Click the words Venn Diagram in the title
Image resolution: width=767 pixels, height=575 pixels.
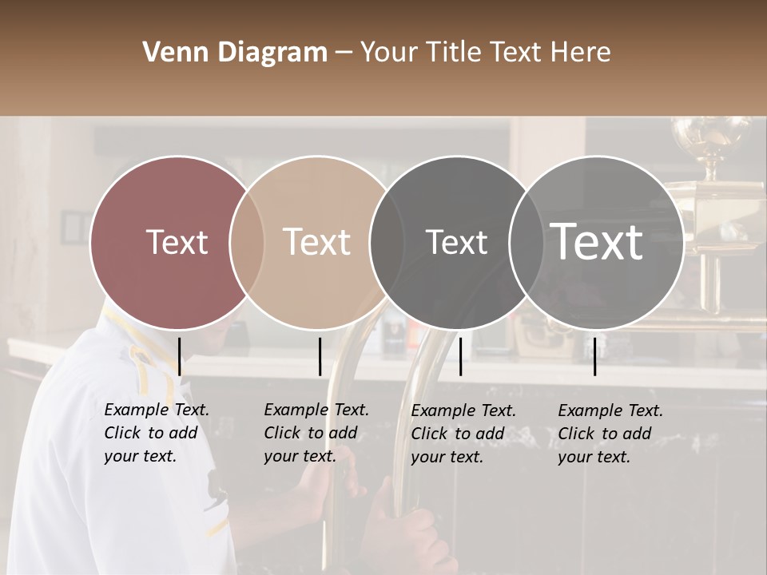235,53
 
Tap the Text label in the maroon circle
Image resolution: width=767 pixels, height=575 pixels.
177,242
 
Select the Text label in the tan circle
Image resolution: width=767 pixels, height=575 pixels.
316,242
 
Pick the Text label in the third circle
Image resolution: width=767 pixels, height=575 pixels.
456,242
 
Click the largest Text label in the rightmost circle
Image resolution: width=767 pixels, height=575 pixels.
596,242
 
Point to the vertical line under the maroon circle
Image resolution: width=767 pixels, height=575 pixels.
179,356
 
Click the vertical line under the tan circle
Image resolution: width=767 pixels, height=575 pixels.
320,356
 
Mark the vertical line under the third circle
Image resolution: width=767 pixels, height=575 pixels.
460,356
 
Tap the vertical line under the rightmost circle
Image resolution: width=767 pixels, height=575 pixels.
594,356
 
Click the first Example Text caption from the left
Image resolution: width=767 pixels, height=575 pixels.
156,433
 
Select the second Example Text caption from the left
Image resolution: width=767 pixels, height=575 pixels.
316,433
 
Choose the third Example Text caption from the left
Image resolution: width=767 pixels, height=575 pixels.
463,433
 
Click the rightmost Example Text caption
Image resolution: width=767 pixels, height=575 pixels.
610,433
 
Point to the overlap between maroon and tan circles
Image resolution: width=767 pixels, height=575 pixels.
247,242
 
